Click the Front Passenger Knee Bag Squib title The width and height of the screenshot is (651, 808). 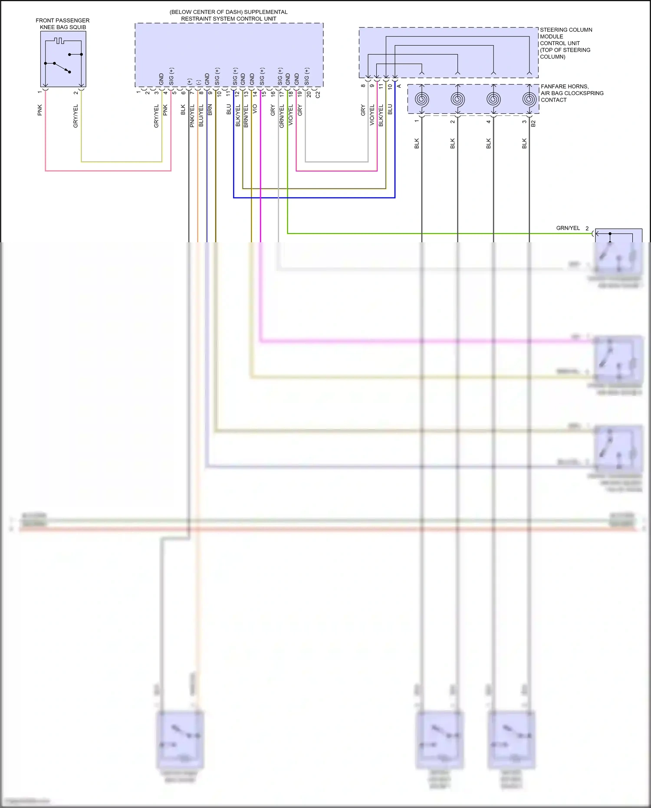pyautogui.click(x=62, y=24)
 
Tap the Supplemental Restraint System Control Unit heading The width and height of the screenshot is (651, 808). pyautogui.click(x=229, y=15)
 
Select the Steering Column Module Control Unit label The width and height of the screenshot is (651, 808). pyautogui.click(x=566, y=43)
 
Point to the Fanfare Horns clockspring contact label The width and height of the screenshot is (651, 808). pyautogui.click(x=572, y=93)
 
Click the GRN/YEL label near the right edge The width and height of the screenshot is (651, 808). pyautogui.click(x=568, y=228)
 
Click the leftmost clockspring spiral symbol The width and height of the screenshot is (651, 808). pyautogui.click(x=422, y=99)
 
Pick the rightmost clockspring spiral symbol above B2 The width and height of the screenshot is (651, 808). pyautogui.click(x=529, y=99)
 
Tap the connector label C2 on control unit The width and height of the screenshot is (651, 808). pyautogui.click(x=318, y=94)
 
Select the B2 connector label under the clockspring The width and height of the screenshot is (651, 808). pyautogui.click(x=533, y=123)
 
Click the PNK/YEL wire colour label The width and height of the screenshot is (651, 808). pyautogui.click(x=192, y=116)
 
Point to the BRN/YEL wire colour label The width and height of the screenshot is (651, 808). pyautogui.click(x=246, y=116)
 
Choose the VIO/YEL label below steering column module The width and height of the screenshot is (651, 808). pyautogui.click(x=372, y=115)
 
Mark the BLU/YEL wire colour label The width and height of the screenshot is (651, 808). pyautogui.click(x=201, y=116)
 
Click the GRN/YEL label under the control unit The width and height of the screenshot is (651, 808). pyautogui.click(x=282, y=116)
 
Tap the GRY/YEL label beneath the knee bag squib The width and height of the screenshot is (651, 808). pyautogui.click(x=76, y=116)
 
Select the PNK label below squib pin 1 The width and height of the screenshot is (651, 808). pyautogui.click(x=39, y=110)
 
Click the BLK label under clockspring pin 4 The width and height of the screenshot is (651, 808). pyautogui.click(x=488, y=144)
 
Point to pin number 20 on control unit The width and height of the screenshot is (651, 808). pyautogui.click(x=309, y=94)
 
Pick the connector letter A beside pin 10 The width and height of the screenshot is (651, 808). pyautogui.click(x=399, y=86)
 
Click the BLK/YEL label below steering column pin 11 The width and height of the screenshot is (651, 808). pyautogui.click(x=381, y=115)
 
